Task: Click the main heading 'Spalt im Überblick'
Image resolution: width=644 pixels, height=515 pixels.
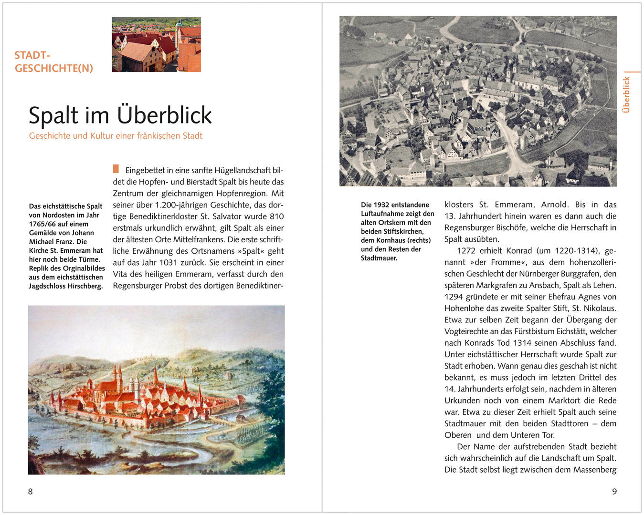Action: click(x=120, y=115)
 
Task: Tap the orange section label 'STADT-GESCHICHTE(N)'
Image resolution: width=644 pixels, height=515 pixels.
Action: click(x=53, y=62)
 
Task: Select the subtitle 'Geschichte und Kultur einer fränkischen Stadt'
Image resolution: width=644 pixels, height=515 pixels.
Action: click(x=116, y=136)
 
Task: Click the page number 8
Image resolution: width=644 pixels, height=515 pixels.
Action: click(x=31, y=491)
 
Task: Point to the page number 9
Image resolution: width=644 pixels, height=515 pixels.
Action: click(x=614, y=491)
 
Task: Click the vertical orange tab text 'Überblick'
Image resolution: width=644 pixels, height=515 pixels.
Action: click(x=626, y=94)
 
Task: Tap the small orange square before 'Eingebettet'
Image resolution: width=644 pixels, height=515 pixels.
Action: click(x=116, y=169)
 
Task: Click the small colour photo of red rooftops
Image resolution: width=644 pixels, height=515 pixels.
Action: click(x=156, y=44)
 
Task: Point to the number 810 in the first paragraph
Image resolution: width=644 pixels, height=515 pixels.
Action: click(x=276, y=216)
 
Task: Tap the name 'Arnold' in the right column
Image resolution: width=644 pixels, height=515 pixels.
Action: click(x=553, y=205)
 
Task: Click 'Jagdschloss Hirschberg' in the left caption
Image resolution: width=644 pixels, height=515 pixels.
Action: click(x=66, y=286)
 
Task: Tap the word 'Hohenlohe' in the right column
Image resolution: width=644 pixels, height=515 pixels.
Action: click(x=463, y=309)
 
